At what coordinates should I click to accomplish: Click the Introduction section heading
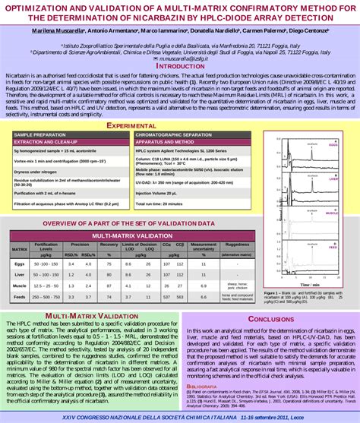(x=180, y=66)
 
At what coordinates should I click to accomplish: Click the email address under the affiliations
(x=181, y=57)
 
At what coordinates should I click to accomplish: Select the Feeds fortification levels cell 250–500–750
(x=46, y=296)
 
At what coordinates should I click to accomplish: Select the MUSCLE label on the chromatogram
(x=331, y=215)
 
